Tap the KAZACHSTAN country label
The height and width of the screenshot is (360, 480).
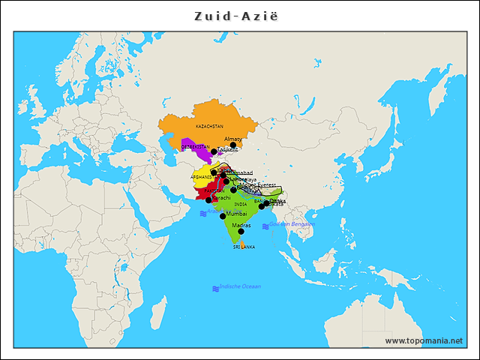point(209,127)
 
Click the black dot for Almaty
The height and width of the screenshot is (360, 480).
point(233,145)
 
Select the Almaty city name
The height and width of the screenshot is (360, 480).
point(233,139)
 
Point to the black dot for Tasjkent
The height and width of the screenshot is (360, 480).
point(214,151)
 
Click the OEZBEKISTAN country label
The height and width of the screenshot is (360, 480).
point(195,147)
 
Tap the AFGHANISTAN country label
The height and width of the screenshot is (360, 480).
point(203,177)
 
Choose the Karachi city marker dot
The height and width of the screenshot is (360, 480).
point(208,200)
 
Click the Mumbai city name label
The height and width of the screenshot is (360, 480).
point(236,214)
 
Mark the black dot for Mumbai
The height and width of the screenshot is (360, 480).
point(223,216)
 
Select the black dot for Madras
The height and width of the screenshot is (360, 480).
point(241,232)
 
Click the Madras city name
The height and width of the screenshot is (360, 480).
point(241,225)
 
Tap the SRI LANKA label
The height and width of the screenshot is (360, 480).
point(244,246)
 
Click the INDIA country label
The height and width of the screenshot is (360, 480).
point(240,204)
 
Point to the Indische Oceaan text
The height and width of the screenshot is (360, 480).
point(240,286)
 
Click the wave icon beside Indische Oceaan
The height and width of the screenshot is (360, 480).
point(215,288)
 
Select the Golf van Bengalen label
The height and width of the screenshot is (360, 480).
point(292,224)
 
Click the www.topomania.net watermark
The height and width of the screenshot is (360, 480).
point(424,340)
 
